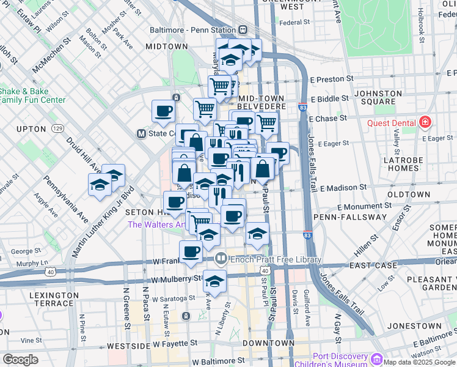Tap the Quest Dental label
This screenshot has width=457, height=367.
pyautogui.click(x=392, y=122)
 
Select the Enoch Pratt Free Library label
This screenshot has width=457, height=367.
pyautogui.click(x=275, y=259)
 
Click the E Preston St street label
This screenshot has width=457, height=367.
pyautogui.click(x=332, y=79)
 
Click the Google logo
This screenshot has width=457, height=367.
pyautogui.click(x=20, y=360)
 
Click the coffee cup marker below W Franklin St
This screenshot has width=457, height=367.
pyautogui.click(x=191, y=251)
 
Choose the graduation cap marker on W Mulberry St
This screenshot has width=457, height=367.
pyautogui.click(x=214, y=281)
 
